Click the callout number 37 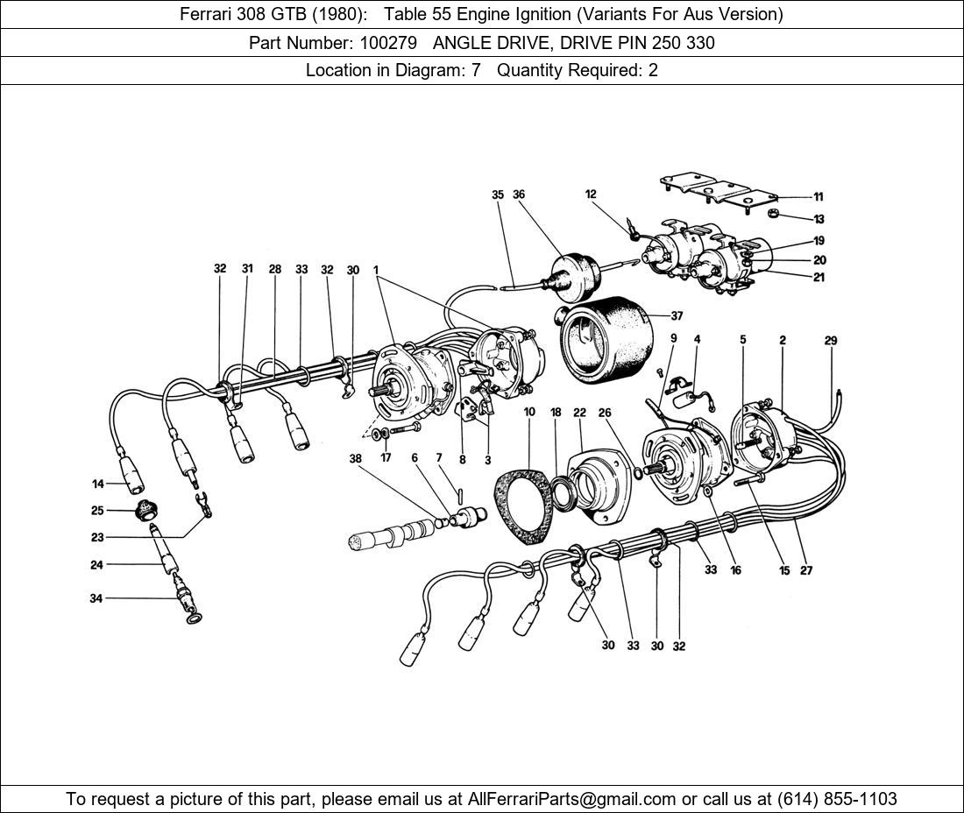tap(677, 316)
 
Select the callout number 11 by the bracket tap(818, 197)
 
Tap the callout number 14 tap(97, 484)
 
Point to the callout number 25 tap(97, 511)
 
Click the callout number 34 tap(96, 598)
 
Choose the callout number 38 tap(355, 458)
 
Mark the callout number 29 tap(831, 340)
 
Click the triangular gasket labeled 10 tap(527, 506)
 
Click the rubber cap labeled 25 tap(142, 510)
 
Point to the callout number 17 tap(386, 457)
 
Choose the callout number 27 tap(806, 570)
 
